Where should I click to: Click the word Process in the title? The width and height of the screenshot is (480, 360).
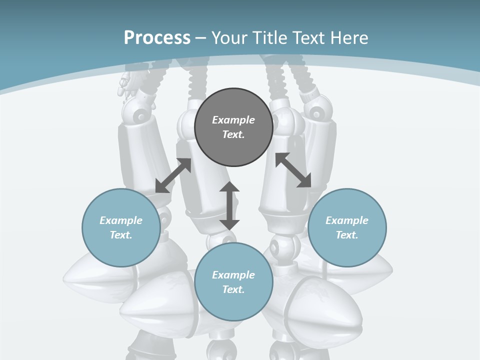click(157, 38)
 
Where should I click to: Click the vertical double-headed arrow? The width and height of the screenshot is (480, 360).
click(229, 205)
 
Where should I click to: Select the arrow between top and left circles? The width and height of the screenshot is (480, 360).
click(173, 175)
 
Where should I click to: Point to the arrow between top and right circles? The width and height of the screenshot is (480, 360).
click(293, 170)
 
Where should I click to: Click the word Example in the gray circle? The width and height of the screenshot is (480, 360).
click(233, 120)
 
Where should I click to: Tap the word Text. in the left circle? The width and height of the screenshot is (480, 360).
click(121, 235)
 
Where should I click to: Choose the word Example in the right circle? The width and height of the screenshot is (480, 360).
click(347, 220)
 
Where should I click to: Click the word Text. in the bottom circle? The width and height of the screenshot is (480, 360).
click(233, 289)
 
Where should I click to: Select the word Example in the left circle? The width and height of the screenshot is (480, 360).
click(121, 220)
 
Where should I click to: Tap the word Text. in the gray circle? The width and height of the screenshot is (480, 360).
click(233, 134)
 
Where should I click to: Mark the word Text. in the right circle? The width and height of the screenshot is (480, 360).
click(347, 235)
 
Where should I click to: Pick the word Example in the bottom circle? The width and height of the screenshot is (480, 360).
click(233, 275)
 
